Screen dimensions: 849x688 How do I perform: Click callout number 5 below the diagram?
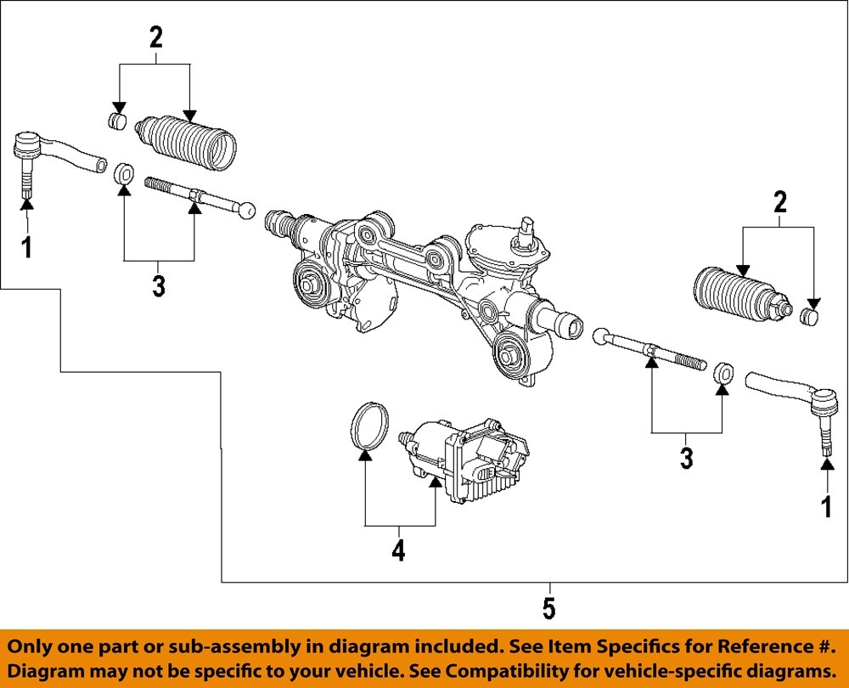tap(549, 608)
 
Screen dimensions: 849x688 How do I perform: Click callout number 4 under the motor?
tap(398, 550)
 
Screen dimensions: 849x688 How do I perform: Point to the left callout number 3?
tap(158, 286)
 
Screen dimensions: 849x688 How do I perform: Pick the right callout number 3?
tap(687, 459)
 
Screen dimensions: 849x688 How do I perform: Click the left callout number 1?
tap(26, 247)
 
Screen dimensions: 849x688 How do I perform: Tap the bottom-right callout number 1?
tap(826, 506)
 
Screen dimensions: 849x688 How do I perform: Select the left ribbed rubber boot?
tap(186, 144)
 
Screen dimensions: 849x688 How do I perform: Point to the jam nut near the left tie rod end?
tap(125, 174)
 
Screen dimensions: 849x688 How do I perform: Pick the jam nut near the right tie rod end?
tap(724, 373)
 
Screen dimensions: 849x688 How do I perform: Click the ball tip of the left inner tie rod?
tap(246, 211)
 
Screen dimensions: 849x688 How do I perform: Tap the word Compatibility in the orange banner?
tap(510, 671)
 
